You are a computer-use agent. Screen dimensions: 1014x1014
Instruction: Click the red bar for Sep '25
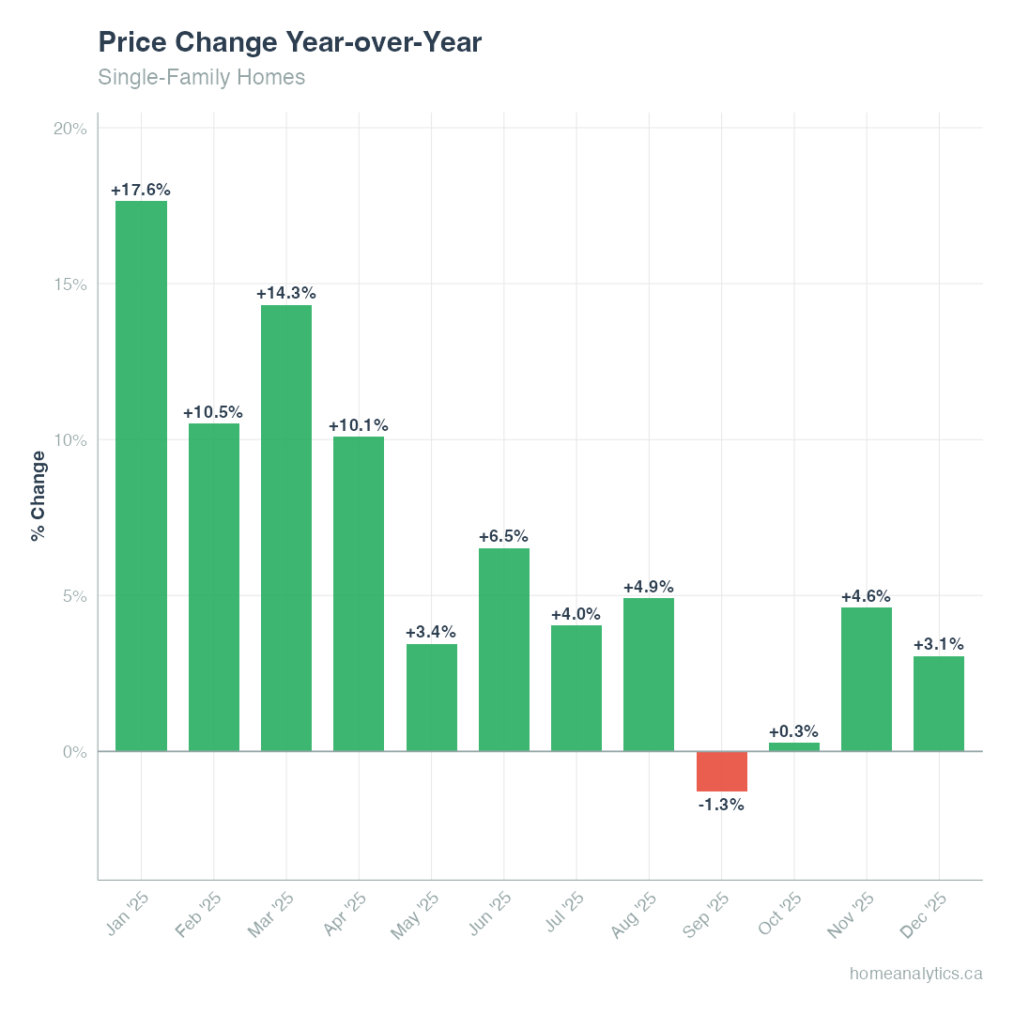(721, 771)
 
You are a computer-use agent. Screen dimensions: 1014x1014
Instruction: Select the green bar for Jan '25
(141, 476)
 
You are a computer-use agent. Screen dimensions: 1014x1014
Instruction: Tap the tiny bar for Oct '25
(793, 746)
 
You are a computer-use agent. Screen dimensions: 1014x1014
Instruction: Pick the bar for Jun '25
(503, 650)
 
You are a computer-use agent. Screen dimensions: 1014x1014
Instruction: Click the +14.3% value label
(285, 293)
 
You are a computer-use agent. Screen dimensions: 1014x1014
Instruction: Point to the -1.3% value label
(721, 805)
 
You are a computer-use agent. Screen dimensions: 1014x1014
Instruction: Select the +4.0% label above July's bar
(576, 614)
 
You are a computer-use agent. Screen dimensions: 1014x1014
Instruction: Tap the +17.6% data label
(141, 190)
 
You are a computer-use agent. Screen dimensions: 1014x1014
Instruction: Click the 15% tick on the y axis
(70, 284)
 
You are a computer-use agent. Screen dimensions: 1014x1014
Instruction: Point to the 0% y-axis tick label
(75, 752)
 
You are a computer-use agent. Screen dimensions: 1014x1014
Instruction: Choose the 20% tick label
(70, 129)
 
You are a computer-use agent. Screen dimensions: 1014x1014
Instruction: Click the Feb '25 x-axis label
(199, 914)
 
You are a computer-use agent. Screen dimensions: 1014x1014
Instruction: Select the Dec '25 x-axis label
(924, 914)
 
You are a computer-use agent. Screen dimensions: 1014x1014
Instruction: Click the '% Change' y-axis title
(38, 496)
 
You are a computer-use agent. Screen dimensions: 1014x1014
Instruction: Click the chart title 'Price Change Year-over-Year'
(289, 42)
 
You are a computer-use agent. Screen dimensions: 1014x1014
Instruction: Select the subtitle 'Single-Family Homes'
(201, 77)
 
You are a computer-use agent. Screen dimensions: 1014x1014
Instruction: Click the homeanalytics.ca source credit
(915, 974)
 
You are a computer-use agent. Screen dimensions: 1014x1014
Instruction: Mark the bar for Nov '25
(866, 680)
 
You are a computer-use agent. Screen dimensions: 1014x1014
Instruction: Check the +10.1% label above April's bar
(358, 425)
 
